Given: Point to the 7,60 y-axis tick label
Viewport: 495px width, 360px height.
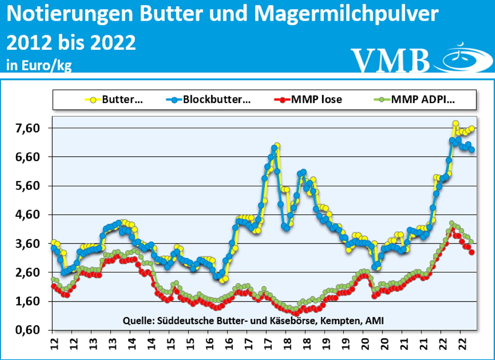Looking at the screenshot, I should (x=28, y=128).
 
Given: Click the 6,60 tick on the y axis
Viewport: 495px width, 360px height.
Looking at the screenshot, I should (x=28, y=157).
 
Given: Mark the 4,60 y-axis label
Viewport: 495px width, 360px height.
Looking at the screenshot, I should (x=28, y=215).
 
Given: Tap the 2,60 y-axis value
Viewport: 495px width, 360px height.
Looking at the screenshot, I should (x=28, y=272).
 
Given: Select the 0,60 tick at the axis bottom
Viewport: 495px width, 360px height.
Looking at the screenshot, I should (x=28, y=330).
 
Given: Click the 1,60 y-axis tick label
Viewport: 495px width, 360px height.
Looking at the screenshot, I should (x=28, y=301).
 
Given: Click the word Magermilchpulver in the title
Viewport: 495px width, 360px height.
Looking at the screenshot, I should (x=346, y=14).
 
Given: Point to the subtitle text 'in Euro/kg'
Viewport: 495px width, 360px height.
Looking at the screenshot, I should (x=39, y=65).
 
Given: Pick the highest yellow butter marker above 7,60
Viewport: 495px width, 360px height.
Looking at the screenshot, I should (x=455, y=124).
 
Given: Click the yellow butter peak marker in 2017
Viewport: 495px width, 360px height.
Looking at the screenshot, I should (x=277, y=146).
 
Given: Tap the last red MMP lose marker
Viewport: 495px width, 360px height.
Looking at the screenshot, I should (x=472, y=252).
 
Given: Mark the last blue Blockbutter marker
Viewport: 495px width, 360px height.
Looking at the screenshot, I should (x=472, y=150).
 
